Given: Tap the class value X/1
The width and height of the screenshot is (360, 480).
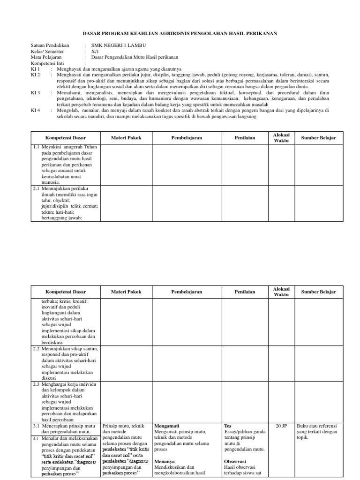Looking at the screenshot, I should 95,51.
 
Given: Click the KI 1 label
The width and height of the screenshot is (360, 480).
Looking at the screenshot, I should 36,69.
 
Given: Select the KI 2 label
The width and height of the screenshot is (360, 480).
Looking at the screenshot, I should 36,75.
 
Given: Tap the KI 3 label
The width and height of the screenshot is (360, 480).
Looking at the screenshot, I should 36,93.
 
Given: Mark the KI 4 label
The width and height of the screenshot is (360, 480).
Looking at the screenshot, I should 36,111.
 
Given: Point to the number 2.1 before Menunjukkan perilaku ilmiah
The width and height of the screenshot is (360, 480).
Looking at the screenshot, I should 37,188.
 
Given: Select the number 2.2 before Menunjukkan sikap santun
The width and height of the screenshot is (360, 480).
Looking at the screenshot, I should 37,349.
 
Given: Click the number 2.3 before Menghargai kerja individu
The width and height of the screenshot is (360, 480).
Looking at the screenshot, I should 37,384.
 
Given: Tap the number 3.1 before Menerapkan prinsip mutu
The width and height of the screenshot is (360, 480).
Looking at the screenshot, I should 37,426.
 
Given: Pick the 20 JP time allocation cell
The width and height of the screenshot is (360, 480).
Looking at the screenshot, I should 281,426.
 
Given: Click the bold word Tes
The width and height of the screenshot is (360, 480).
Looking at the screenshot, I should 228,426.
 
